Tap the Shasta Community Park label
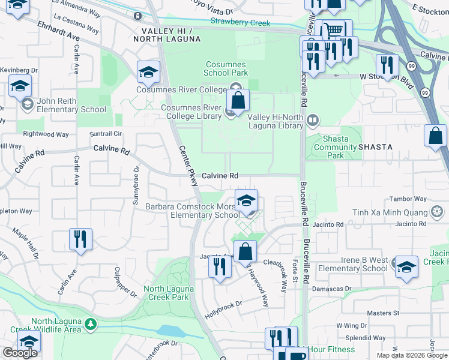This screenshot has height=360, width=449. [336, 146]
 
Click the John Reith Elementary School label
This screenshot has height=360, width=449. [71, 105]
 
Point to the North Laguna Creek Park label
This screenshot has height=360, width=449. [169, 293]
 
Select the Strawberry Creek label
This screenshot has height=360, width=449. [240, 23]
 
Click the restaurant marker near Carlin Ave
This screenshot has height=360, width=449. [80, 239]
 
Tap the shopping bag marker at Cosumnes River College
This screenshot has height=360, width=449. [238, 101]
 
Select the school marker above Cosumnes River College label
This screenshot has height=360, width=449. [148, 72]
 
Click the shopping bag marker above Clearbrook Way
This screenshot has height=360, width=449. [245, 251]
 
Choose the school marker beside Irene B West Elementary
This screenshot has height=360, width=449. [406, 266]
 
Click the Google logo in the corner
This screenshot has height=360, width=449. [20, 353]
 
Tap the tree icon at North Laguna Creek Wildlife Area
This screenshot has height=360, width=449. [91, 324]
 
